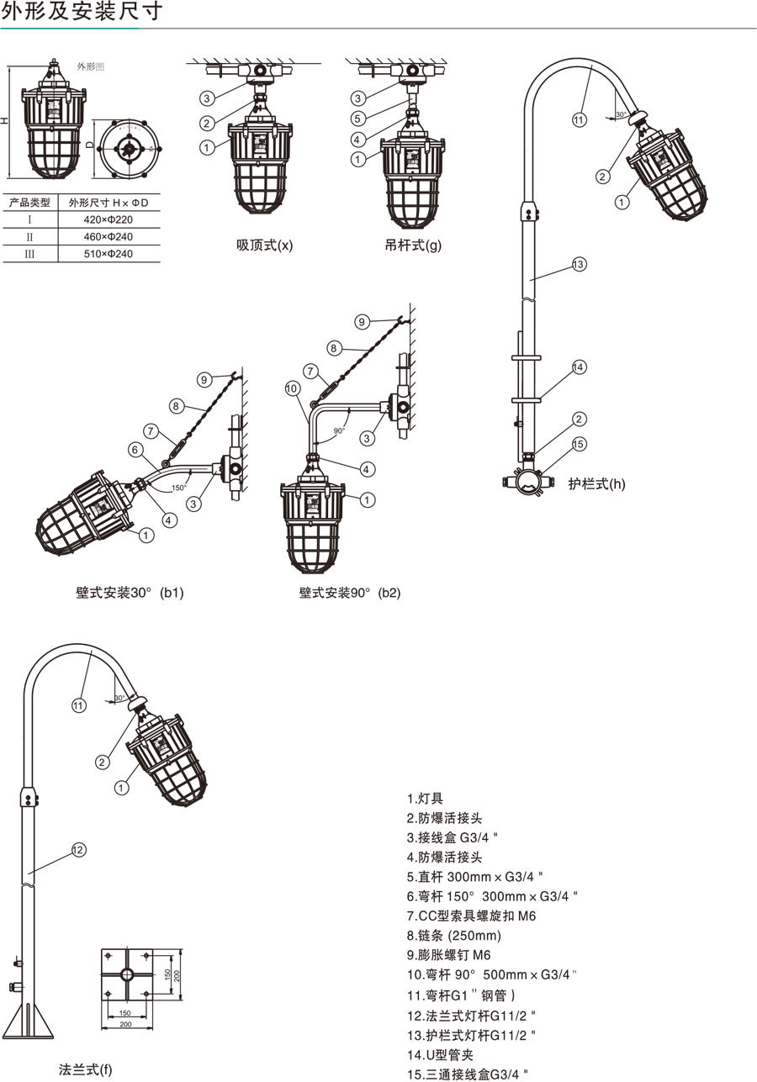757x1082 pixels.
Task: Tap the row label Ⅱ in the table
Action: pos(29,236)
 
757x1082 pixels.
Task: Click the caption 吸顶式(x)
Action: pos(264,245)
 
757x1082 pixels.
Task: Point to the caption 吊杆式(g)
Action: pos(413,245)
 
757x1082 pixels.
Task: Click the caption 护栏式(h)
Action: pos(596,483)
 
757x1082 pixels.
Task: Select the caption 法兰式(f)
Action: pos(85,1069)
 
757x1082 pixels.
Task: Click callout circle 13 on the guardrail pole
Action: pos(579,264)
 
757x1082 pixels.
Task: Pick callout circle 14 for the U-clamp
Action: pos(579,367)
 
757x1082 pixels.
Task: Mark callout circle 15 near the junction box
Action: pos(579,444)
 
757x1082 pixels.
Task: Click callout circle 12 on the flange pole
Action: pos(78,850)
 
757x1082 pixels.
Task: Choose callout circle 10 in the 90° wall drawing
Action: pos(292,388)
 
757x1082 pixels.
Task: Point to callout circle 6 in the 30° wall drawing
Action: pos(135,450)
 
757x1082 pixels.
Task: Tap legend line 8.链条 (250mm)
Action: pos(454,935)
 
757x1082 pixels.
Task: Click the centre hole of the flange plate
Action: pos(126,974)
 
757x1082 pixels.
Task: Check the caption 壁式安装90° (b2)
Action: pos(350,593)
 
